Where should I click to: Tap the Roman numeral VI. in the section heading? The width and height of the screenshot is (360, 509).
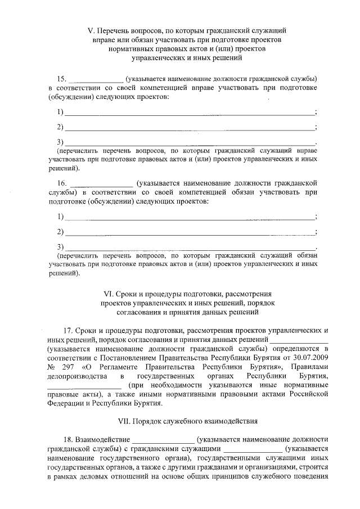[x=109, y=294]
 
